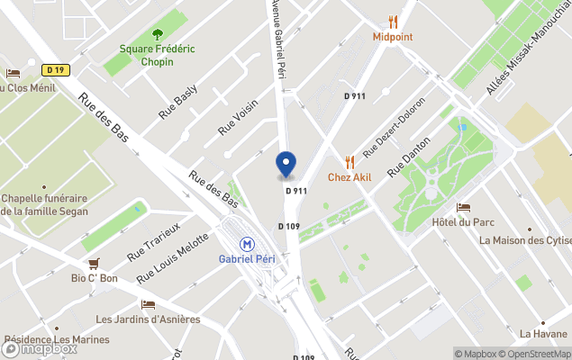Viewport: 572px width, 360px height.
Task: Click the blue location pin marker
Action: click(x=286, y=165)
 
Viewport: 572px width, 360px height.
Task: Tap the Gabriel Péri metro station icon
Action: click(x=246, y=243)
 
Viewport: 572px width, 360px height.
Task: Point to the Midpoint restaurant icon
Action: click(x=393, y=22)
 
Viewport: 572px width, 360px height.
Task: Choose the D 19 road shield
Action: click(x=56, y=70)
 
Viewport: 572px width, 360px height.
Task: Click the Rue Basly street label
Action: click(x=177, y=103)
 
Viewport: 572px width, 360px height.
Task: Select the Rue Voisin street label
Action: click(x=238, y=117)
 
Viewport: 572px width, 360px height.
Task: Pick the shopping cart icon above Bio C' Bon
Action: click(x=94, y=264)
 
